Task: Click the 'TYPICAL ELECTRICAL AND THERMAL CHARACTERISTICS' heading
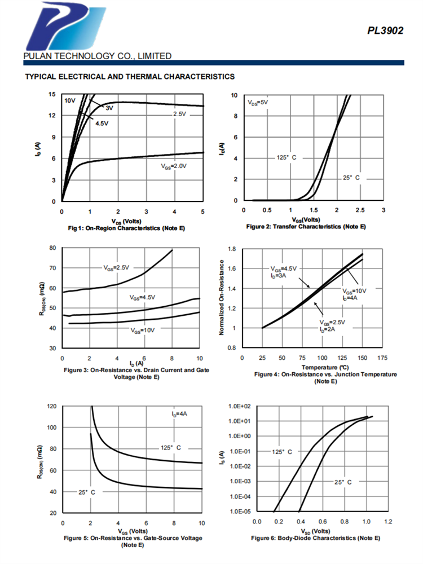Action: tap(129, 76)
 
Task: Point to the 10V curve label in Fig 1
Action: tap(69, 100)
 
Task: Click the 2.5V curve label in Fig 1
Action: tap(179, 114)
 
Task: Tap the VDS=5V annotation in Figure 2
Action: tap(258, 103)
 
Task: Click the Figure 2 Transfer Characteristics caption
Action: tap(306, 226)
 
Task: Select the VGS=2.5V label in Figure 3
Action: tap(116, 266)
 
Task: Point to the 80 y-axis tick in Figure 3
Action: tap(52, 248)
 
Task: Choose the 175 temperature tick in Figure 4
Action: tap(382, 358)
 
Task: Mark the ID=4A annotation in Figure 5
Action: tap(180, 414)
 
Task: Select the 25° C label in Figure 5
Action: tap(86, 492)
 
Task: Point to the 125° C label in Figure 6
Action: tap(282, 452)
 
